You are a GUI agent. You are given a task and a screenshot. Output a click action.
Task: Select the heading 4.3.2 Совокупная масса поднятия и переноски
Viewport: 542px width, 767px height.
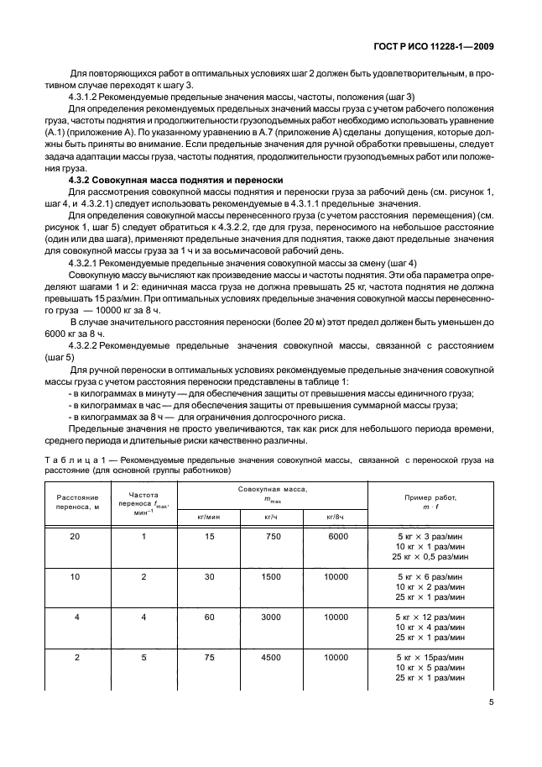pyautogui.click(x=174, y=181)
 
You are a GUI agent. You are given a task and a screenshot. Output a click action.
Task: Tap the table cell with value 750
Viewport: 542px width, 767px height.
pyautogui.click(x=271, y=536)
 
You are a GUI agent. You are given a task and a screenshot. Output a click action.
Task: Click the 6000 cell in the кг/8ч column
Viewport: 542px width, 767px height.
pyautogui.click(x=336, y=536)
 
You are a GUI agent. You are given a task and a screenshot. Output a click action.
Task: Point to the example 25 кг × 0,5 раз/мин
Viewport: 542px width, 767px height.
pyautogui.click(x=430, y=557)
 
